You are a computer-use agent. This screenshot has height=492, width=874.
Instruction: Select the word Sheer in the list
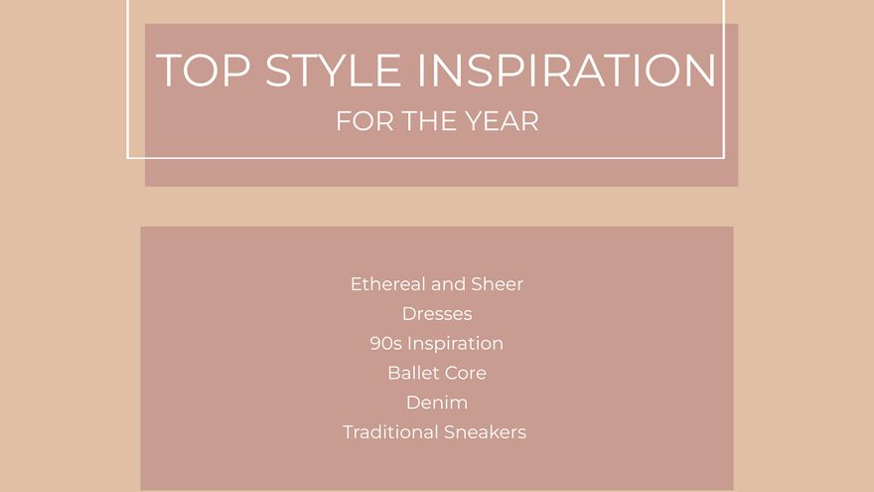(x=498, y=284)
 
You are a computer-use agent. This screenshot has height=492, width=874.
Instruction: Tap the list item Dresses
(x=437, y=314)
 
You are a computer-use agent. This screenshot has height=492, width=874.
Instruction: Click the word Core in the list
(x=465, y=374)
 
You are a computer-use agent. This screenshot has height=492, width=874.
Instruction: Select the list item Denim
(x=437, y=404)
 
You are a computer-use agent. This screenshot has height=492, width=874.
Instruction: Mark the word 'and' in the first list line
(x=449, y=284)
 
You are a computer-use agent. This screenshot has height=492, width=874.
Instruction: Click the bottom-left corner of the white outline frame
(x=128, y=157)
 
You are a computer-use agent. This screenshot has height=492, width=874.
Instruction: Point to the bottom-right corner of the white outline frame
(x=723, y=157)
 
